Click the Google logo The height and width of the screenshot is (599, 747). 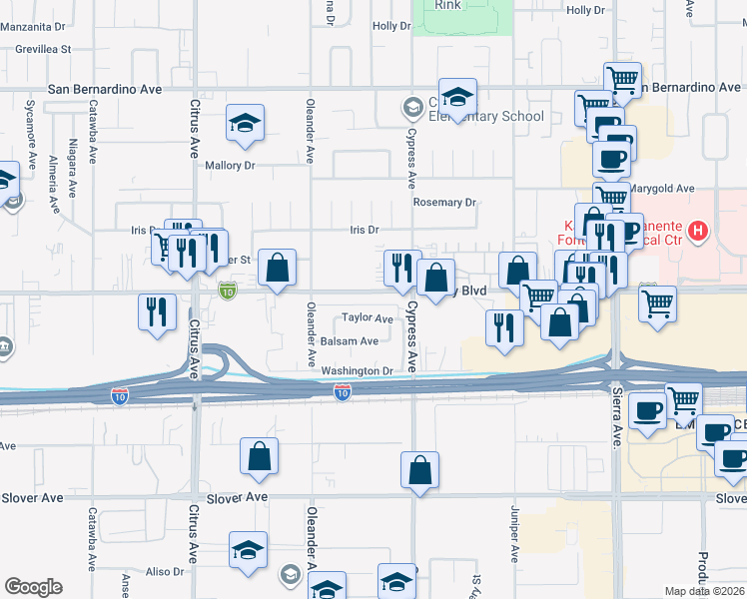(x=33, y=587)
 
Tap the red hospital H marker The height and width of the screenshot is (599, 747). (x=699, y=234)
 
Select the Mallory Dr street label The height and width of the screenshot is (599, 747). (x=231, y=166)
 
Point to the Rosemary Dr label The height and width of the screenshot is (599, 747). (x=444, y=202)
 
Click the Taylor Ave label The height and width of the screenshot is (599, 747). (x=368, y=318)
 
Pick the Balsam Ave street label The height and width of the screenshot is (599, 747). (x=350, y=341)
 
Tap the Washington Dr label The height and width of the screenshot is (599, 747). (x=358, y=371)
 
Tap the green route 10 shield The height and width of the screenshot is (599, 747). (x=228, y=291)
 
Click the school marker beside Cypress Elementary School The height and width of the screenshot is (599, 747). (x=457, y=97)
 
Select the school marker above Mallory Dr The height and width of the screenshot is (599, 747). (x=245, y=123)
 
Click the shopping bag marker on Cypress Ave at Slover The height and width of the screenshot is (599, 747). (x=420, y=469)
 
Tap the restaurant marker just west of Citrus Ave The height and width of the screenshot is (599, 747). (x=158, y=311)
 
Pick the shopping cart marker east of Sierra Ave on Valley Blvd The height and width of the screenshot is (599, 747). (x=657, y=303)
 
